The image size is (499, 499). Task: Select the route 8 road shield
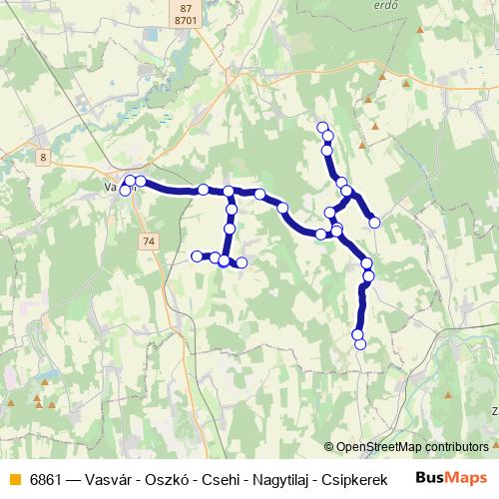point(44,157)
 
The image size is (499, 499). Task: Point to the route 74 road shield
point(149,242)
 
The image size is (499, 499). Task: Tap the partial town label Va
point(111,186)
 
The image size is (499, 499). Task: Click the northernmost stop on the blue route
point(322,127)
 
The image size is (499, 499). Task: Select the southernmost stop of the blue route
point(360,344)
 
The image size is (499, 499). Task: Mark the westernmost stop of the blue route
point(125,191)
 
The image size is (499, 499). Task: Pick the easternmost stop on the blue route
point(374,223)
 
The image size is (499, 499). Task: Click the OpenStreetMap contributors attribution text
point(412,447)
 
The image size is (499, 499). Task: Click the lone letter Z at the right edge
point(494,410)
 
